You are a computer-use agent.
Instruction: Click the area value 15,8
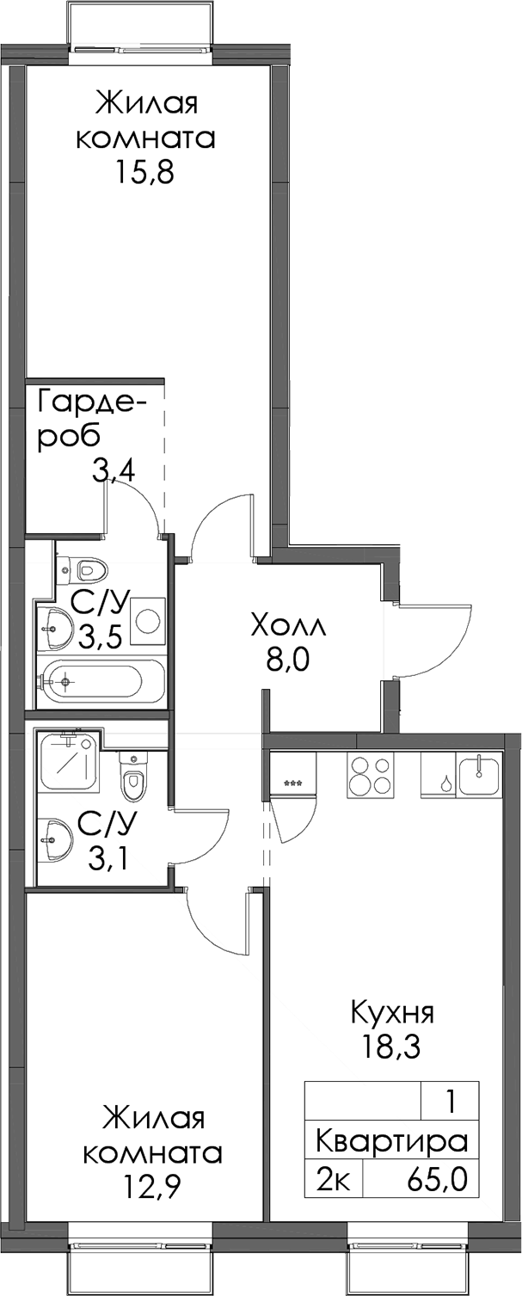[144, 172]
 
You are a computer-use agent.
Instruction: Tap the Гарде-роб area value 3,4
[114, 471]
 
